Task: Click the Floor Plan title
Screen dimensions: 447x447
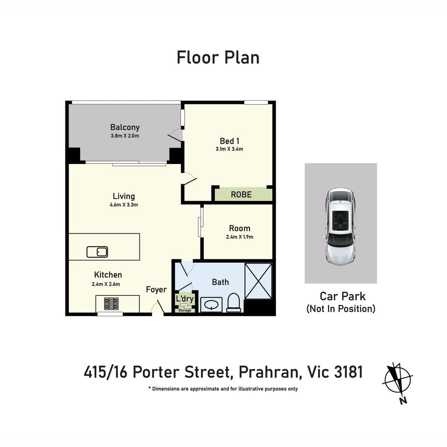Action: click(x=218, y=57)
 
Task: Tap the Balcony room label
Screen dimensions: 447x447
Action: click(x=125, y=127)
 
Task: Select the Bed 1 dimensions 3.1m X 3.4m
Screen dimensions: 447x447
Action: click(x=229, y=149)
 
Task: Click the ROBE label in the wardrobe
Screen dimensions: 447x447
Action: click(x=241, y=195)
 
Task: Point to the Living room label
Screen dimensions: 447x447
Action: click(x=124, y=196)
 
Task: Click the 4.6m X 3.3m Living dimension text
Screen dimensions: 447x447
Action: click(x=124, y=204)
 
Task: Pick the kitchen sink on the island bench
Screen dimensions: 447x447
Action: click(x=97, y=252)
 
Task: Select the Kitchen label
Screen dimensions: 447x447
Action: click(x=108, y=275)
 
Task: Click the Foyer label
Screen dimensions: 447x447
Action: click(x=156, y=290)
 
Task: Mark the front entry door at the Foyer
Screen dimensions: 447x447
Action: click(x=158, y=309)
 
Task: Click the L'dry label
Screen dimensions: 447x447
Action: click(x=185, y=299)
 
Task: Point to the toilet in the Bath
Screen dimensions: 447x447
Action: click(x=234, y=302)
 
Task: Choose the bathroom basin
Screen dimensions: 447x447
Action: click(x=211, y=305)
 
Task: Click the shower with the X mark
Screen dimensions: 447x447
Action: click(x=258, y=281)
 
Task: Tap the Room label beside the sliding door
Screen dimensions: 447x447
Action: click(x=240, y=228)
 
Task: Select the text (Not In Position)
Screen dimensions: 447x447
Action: click(x=341, y=309)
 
